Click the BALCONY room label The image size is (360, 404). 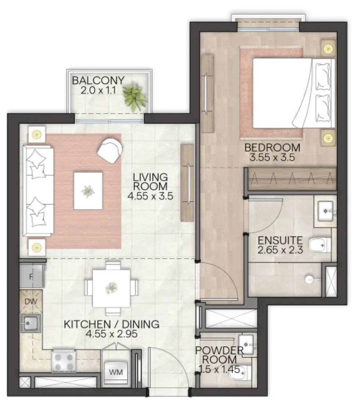(98, 80)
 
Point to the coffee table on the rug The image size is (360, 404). (88, 191)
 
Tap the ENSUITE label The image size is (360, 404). (280, 241)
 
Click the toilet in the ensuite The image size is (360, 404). (319, 245)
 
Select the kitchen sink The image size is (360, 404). (31, 324)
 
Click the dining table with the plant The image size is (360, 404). (111, 288)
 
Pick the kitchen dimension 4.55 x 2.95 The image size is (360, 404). (111, 334)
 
